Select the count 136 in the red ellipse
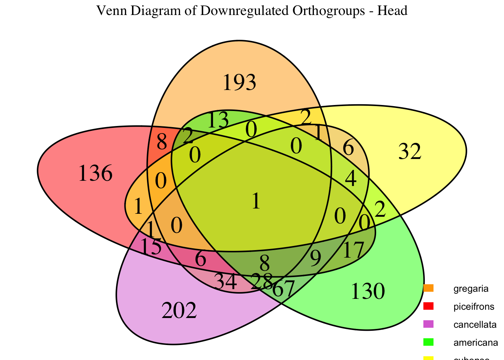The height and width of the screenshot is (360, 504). pyautogui.click(x=95, y=174)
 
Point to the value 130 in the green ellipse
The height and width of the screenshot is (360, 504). pyautogui.click(x=367, y=292)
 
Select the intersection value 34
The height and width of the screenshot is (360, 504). pyautogui.click(x=226, y=282)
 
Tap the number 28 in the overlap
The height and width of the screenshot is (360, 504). pyautogui.click(x=262, y=281)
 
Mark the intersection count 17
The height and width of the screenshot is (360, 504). pyautogui.click(x=353, y=250)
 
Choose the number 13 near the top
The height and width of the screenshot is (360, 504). pyautogui.click(x=217, y=121)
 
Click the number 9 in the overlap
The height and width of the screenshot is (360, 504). pyautogui.click(x=316, y=258)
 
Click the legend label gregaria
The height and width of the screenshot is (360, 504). pyautogui.click(x=471, y=289)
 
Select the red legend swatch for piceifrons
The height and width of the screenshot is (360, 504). pyautogui.click(x=428, y=306)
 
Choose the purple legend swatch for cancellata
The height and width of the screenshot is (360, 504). pyautogui.click(x=428, y=324)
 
